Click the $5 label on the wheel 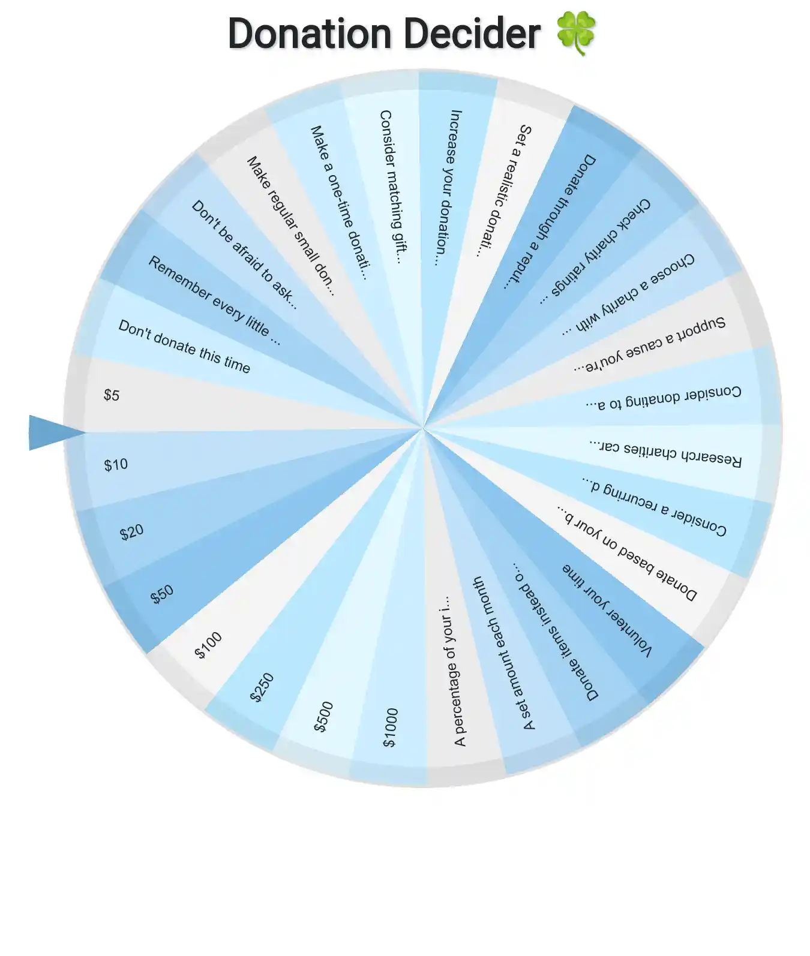(x=112, y=395)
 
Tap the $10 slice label (x=116, y=465)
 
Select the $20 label (x=131, y=532)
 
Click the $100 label (x=208, y=645)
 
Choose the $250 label (x=262, y=687)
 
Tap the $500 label (x=323, y=717)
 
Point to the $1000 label (x=391, y=727)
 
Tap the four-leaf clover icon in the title (x=576, y=33)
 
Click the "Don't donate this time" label (x=184, y=347)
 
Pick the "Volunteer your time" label (x=607, y=610)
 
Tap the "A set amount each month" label (x=503, y=653)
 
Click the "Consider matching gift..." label (x=391, y=187)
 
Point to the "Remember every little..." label (x=214, y=300)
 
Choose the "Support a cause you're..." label (x=649, y=345)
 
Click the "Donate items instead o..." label (x=555, y=632)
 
